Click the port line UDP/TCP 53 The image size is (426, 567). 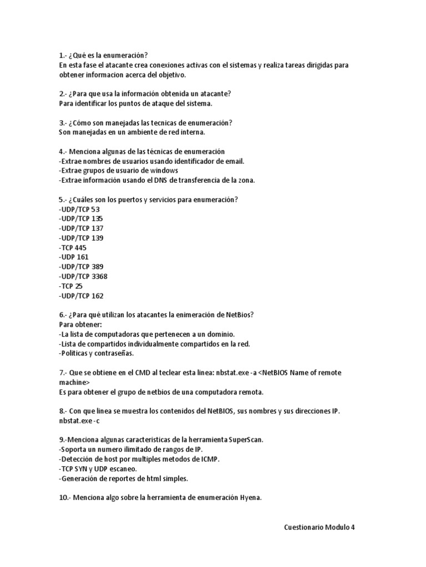point(79,209)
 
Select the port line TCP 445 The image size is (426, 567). point(73,248)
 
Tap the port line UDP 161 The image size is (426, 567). point(74,257)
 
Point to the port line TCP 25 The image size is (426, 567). point(70,286)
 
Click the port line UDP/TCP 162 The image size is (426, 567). point(81,296)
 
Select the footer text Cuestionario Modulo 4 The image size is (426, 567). point(319,527)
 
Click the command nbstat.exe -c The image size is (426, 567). point(79,421)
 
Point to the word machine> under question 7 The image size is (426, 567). point(74,383)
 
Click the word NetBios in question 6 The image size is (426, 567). point(239,315)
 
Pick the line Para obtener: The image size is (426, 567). point(80,324)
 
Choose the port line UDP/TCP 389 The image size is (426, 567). point(81,266)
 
